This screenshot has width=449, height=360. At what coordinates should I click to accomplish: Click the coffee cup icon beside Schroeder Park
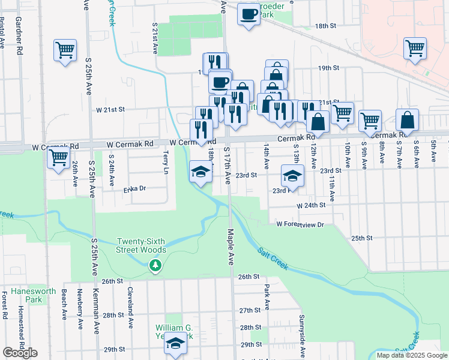coord(248,13)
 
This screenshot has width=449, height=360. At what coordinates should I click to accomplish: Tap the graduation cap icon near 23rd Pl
coord(292,176)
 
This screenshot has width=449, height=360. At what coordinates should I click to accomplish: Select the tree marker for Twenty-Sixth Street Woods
coord(155,265)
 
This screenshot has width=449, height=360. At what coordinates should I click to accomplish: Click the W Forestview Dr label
coord(300,224)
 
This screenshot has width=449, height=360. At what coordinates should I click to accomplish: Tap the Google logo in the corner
coord(20,353)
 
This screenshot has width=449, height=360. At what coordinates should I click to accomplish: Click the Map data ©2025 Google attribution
coord(411,355)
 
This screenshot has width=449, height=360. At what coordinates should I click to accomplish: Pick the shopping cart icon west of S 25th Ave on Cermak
coord(58,158)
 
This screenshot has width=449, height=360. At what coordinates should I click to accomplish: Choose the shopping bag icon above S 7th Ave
coord(407,121)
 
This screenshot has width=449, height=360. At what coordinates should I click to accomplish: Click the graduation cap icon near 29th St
coord(175,344)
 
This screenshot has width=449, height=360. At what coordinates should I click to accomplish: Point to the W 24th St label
coord(311,205)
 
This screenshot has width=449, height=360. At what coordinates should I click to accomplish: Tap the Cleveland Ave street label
coord(130,308)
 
